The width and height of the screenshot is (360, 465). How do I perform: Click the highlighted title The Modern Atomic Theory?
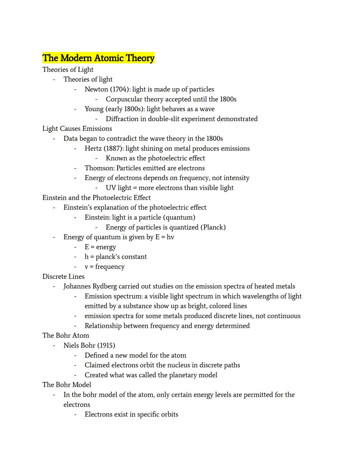pos(98,58)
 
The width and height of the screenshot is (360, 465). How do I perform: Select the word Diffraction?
pos(122,119)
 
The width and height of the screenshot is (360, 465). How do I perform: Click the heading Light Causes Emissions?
pos(77,128)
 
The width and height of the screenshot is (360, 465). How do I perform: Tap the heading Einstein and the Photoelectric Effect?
pos(96,198)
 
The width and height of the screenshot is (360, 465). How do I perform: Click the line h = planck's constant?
pos(115,257)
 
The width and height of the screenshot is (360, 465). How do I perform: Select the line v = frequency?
pos(104,267)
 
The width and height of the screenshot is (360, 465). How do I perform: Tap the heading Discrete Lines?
pos(63,277)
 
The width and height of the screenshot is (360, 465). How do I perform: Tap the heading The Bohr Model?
pos(67,385)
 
